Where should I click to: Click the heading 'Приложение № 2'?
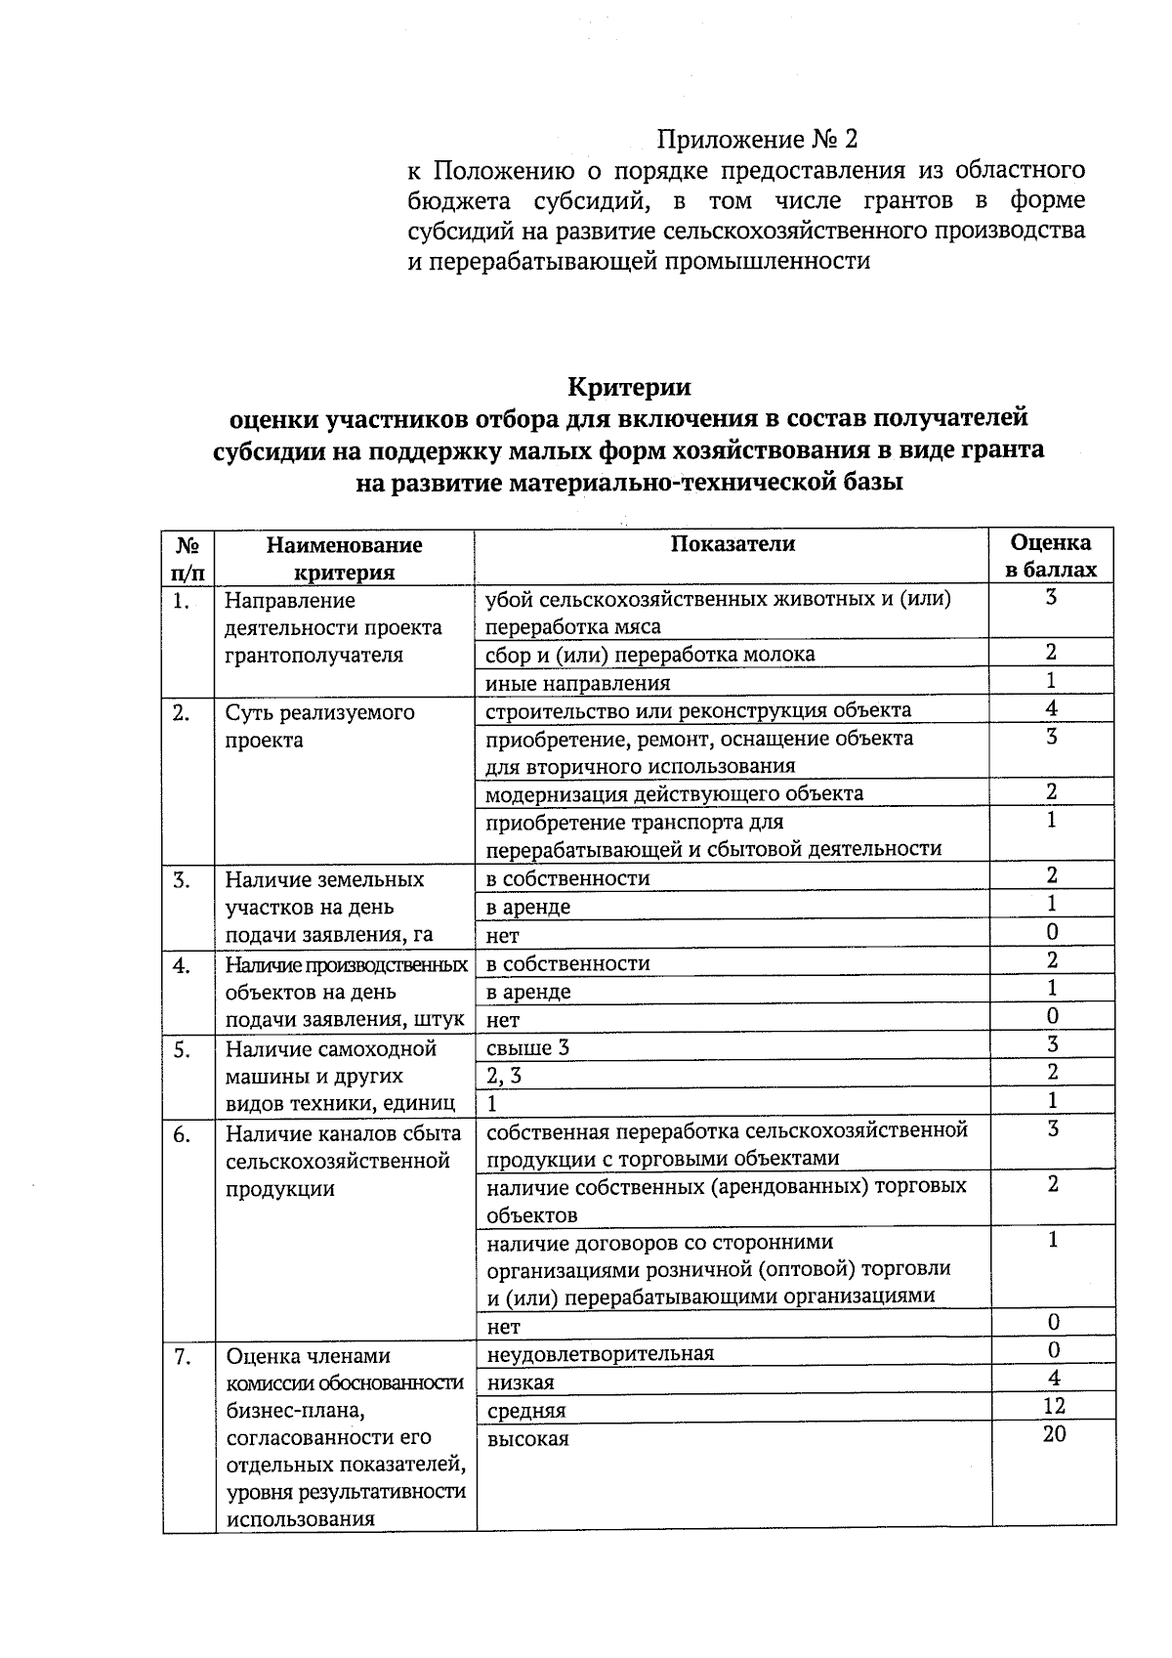click(x=757, y=139)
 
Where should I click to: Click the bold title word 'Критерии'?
click(x=629, y=387)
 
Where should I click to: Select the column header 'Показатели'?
click(x=732, y=544)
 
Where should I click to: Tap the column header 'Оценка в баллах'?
click(x=1051, y=556)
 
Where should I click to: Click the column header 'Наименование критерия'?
click(x=344, y=558)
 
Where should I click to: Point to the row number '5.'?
click(x=182, y=1048)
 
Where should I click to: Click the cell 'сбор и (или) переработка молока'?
click(x=649, y=654)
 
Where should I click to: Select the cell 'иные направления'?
click(x=578, y=683)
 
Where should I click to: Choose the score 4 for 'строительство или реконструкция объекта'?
click(x=1051, y=709)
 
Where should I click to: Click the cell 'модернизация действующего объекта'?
click(x=674, y=793)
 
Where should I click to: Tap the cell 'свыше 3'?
click(x=527, y=1048)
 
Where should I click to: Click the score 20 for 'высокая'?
click(x=1054, y=1434)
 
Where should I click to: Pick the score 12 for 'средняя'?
click(x=1054, y=1406)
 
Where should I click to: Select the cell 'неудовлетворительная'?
click(x=600, y=1353)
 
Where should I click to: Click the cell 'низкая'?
click(x=521, y=1382)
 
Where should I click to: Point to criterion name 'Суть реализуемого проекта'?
click(x=320, y=726)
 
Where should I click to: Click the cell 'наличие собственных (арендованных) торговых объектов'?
click(x=726, y=1200)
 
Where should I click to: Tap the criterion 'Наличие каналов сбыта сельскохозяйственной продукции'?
click(x=343, y=1161)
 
